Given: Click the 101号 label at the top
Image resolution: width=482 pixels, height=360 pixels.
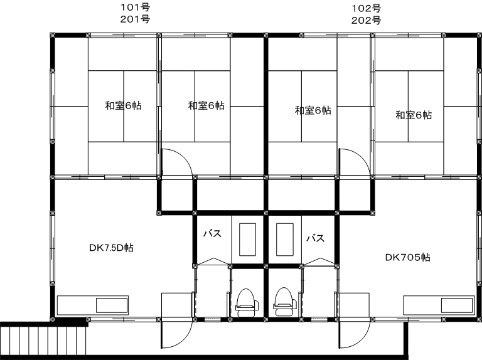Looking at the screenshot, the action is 135,8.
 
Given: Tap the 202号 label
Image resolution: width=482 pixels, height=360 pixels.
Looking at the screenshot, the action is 366,21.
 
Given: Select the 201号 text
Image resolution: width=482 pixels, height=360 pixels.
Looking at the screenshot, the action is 135,19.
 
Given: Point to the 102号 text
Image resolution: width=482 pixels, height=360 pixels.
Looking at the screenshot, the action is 366,8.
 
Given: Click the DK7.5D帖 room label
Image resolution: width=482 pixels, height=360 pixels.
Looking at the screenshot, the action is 111,248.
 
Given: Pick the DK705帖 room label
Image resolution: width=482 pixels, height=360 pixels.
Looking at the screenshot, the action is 407,257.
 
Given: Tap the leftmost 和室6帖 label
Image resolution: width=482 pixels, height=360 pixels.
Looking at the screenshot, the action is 123,105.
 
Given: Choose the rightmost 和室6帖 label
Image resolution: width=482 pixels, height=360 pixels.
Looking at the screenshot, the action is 414,115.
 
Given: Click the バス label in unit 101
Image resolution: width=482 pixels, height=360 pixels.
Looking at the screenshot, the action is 212,234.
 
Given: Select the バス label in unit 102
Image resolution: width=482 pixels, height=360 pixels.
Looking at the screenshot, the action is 316,238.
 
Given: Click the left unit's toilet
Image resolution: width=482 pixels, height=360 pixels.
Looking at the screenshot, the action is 247,302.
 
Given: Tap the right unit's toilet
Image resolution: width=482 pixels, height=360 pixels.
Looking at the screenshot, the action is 286,302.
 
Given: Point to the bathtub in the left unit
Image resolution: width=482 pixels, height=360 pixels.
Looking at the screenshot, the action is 247,240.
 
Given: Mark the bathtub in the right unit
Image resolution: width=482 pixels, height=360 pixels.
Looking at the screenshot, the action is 285,240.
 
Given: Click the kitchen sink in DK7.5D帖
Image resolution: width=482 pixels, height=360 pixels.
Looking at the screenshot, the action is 112,305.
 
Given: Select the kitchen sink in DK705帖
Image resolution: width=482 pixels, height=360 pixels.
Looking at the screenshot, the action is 457,305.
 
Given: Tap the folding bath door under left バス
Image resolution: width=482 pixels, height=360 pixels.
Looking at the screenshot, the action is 213,261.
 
